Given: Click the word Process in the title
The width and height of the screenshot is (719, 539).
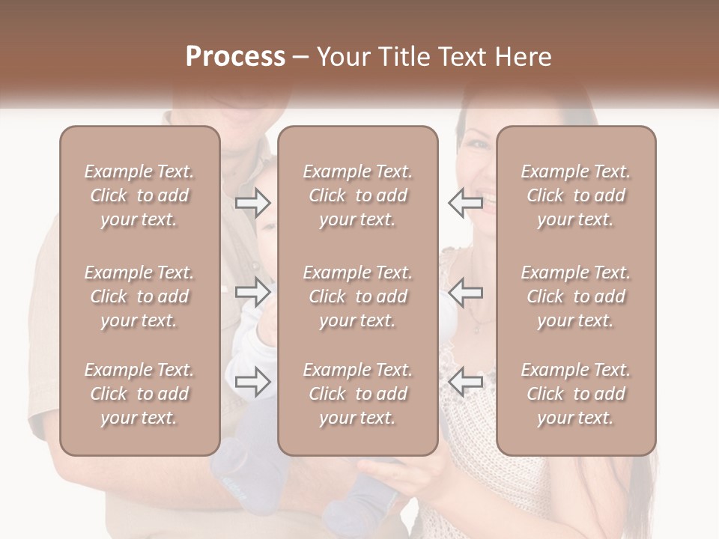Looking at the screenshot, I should [235, 57].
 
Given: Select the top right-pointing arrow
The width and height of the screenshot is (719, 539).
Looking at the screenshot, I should [253, 202].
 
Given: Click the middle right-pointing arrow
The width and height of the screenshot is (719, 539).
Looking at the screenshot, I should [253, 292].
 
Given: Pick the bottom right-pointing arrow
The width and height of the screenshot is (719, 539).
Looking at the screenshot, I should [253, 382].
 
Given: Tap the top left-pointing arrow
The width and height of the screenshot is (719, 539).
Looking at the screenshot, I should [466, 202].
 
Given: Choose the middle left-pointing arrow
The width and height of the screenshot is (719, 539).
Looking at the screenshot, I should [466, 292].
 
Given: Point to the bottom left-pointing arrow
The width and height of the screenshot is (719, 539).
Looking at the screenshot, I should [466, 382].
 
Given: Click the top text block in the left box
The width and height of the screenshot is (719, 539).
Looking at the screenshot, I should [139, 195].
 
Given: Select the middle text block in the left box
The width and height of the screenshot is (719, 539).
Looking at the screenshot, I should [139, 296].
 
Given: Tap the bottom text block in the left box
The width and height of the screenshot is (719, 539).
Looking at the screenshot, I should [139, 394].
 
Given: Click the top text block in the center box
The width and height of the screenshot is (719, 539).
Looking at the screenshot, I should [358, 195].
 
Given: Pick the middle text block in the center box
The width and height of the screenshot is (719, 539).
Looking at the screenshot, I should [358, 296].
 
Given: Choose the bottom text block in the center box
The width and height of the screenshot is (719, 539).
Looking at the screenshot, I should [358, 394].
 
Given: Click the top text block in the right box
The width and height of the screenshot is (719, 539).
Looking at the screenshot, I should [576, 195].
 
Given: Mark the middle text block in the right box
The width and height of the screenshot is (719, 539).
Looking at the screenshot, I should [576, 296].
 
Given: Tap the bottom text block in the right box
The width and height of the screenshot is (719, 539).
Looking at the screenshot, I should [576, 394].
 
